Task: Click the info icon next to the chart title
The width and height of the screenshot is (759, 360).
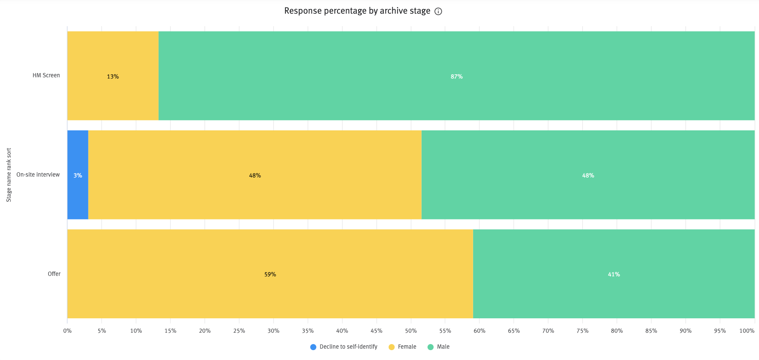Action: click(438, 11)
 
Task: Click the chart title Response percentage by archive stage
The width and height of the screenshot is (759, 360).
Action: click(357, 11)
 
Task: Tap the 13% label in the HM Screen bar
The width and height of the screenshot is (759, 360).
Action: click(113, 77)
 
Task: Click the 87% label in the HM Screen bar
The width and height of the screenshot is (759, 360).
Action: click(456, 77)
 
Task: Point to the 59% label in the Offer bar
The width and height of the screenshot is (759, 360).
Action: click(270, 274)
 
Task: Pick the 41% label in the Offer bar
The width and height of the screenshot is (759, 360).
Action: click(614, 274)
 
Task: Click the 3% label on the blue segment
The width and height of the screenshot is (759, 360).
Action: click(78, 175)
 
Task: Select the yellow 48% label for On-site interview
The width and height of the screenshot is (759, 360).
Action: click(255, 175)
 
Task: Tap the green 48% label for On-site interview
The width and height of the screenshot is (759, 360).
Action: click(588, 175)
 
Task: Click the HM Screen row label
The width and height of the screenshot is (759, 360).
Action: click(46, 75)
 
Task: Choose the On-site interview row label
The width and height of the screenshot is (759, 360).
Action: click(38, 175)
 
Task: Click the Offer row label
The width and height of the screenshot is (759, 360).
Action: click(54, 274)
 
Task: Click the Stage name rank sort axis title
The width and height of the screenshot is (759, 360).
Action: click(9, 175)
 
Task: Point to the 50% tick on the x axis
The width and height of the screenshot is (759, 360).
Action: click(411, 331)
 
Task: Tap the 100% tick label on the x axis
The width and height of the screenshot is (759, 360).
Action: click(746, 331)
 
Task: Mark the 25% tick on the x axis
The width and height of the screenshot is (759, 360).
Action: click(239, 331)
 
